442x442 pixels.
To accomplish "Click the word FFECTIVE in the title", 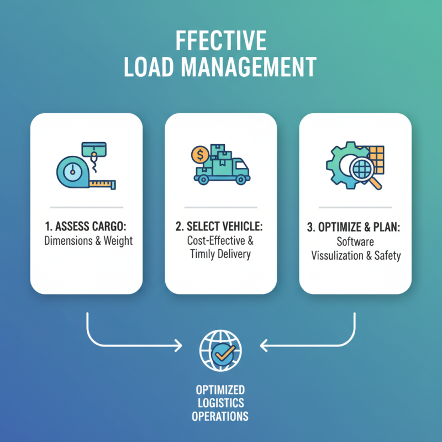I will [x=220, y=42].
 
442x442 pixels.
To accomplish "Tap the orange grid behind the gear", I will [x=375, y=157].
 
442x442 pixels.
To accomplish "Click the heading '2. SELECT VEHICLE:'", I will [x=220, y=227].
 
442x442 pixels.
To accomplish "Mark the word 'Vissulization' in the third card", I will [x=338, y=255].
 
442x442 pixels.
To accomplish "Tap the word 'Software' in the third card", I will [x=355, y=242].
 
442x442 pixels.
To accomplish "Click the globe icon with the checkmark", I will [x=220, y=350].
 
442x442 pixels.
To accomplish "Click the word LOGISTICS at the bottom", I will [x=220, y=403].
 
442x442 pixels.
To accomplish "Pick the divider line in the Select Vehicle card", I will [x=220, y=207].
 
